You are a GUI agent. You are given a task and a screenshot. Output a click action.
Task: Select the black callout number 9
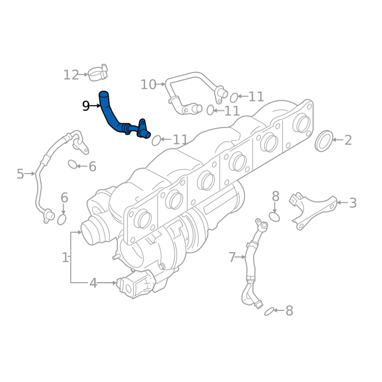pos(86,106)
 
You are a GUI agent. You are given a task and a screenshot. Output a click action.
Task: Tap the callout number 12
pos(71,75)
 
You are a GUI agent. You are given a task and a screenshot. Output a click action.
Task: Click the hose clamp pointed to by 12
pos(98,73)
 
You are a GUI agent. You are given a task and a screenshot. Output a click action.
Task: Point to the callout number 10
pos(149,85)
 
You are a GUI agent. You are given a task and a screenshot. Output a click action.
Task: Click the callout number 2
pos(348,140)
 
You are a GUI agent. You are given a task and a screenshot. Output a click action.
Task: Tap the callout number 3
pos(353,203)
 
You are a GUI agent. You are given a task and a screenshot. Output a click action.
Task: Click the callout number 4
pos(93,283)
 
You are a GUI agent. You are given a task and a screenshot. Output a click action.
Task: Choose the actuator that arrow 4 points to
pos(136,284)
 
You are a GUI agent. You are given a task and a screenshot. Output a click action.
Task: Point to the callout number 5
pos(21,174)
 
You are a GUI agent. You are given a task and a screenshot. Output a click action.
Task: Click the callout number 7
pos(232,257)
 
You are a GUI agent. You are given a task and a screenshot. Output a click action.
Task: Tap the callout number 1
pos(65,257)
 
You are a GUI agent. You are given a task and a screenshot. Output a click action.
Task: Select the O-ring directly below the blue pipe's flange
pos(156,140)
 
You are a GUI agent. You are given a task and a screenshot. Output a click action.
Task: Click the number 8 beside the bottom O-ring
pos(289,311)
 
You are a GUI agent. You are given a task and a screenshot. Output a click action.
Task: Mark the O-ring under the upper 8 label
pos(274,217)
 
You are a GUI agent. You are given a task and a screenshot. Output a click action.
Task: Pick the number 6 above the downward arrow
pos(64,198)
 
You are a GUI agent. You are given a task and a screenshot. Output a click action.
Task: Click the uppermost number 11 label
pos(256,97)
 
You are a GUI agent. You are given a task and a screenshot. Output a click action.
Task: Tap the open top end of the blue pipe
pos(104,93)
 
